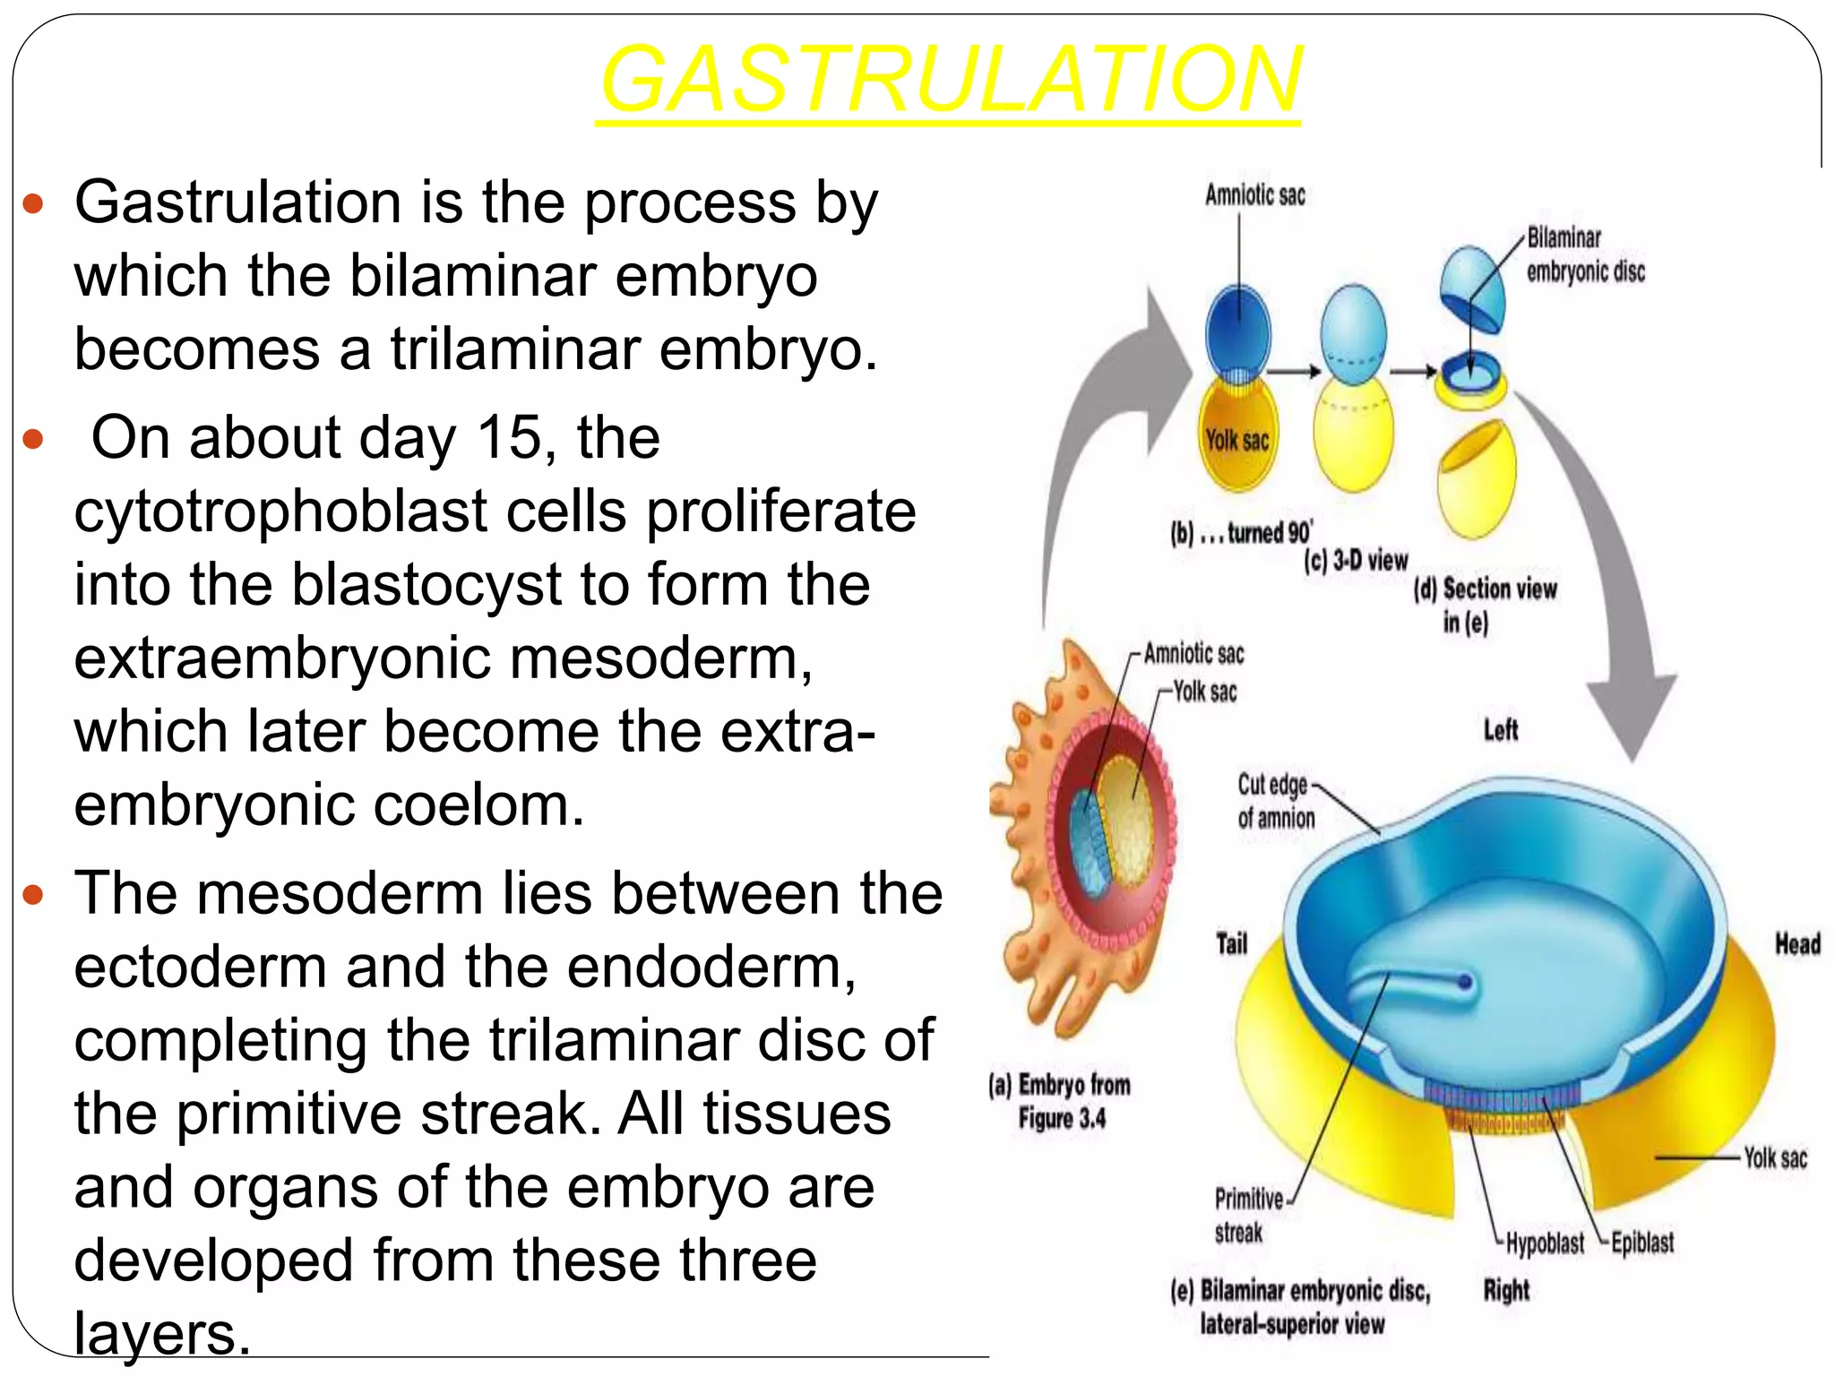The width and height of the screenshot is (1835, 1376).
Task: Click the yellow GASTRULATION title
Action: (950, 81)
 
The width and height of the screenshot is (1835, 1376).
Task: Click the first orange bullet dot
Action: (33, 205)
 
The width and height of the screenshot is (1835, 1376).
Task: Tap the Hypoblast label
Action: (1545, 1243)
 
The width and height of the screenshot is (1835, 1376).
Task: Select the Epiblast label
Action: (1641, 1243)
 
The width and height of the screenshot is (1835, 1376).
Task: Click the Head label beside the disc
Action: (1797, 944)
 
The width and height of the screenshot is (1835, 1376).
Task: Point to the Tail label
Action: (1231, 944)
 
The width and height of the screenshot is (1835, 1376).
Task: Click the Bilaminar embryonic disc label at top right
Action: (1584, 254)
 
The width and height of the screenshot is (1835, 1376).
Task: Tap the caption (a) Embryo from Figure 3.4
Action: (1060, 1102)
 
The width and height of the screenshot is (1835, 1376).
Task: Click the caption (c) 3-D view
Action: (1356, 562)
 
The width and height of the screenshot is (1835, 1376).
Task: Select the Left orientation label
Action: (1501, 730)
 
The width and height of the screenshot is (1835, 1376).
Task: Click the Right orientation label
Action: (1506, 1290)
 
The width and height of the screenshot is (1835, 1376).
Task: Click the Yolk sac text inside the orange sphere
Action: (1236, 440)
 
